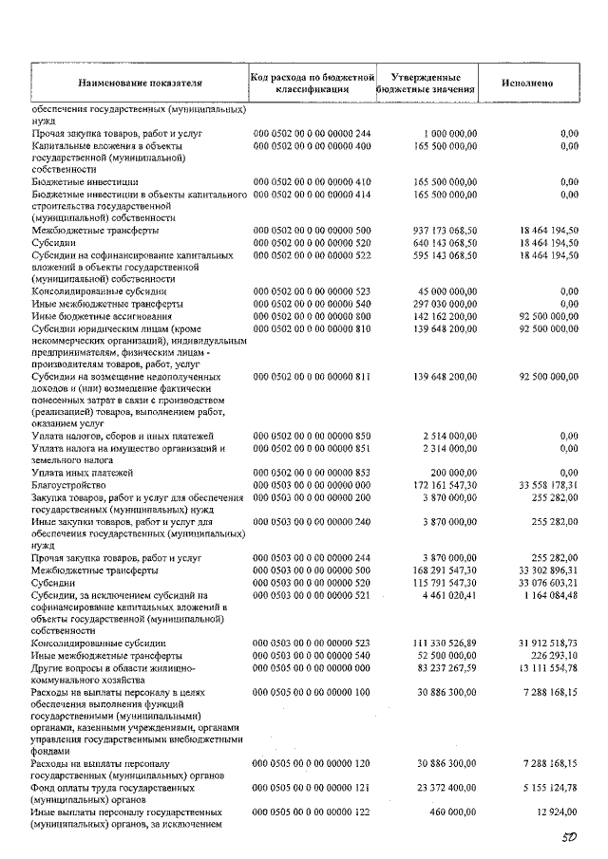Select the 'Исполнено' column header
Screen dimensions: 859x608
coord(527,83)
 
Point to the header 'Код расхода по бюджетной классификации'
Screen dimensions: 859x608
coord(313,83)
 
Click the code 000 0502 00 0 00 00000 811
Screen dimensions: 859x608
coord(312,377)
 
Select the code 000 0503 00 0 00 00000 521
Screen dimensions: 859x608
coord(312,595)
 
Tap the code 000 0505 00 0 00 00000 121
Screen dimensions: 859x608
coord(312,788)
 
